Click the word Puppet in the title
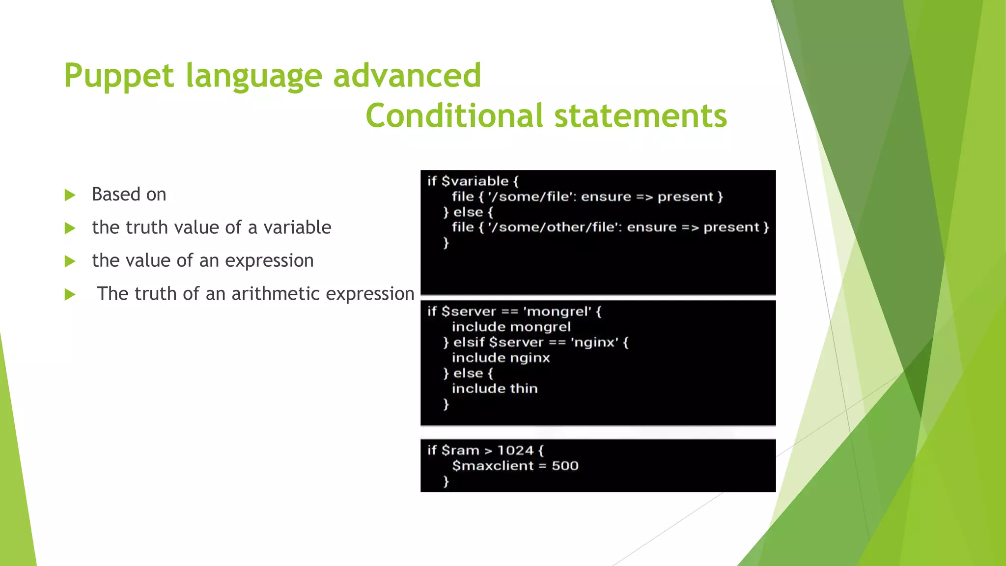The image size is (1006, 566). pos(119,76)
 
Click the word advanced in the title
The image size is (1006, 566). pos(407,76)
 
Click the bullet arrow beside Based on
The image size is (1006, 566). pos(70,195)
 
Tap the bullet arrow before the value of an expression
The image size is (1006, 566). pos(70,261)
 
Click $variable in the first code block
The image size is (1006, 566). pos(475,181)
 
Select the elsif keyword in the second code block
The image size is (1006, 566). pos(469,342)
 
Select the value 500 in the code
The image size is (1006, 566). pos(565,466)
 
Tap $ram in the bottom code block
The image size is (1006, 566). pos(460,451)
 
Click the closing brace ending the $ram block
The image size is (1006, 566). pos(446,481)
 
